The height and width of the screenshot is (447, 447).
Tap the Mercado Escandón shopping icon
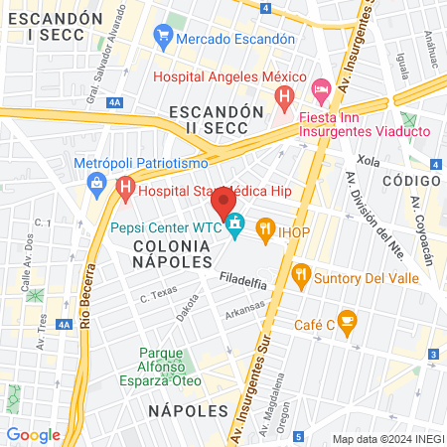point(164,39)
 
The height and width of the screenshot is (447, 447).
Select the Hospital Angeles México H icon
point(284,97)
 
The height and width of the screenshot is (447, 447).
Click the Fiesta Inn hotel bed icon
point(321,90)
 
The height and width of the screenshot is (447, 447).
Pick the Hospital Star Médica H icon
point(125,187)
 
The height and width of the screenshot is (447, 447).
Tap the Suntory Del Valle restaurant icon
point(300,274)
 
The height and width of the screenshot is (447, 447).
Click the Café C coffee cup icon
point(346,320)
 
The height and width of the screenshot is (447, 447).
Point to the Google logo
point(33,434)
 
